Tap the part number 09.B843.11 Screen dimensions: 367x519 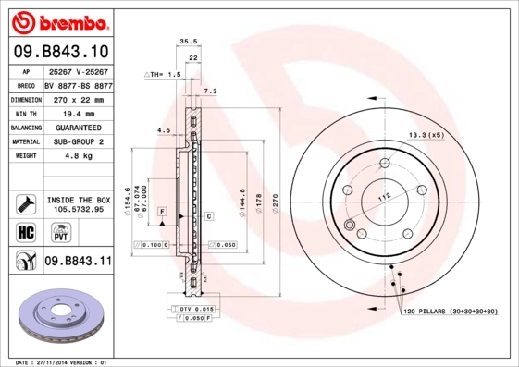[78, 263]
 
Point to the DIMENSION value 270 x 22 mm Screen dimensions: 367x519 [80, 99]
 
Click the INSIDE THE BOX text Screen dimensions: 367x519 [78, 200]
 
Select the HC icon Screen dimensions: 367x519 [25, 231]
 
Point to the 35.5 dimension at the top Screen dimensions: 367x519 [189, 42]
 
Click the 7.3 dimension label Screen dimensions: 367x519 [209, 92]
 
